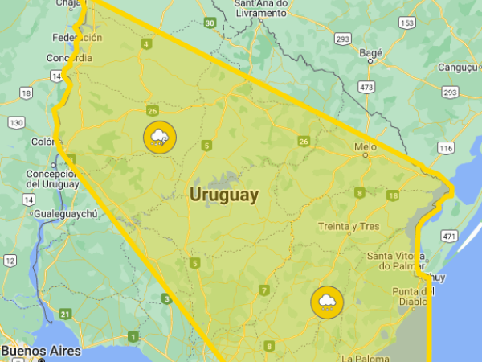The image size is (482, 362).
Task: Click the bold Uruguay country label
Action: [x=224, y=195]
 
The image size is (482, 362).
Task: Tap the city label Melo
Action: [x=366, y=146]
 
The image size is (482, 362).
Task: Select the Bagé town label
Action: [x=372, y=53]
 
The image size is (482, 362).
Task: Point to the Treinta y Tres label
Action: [x=348, y=227]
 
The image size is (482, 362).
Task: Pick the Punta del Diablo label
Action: [x=414, y=296]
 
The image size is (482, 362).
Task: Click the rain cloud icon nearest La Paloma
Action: [x=327, y=302]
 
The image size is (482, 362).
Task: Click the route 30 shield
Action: [x=210, y=23]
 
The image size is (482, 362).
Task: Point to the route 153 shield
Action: [x=406, y=23]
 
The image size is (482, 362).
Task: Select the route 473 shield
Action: [x=367, y=87]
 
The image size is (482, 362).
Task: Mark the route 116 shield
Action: [x=446, y=149]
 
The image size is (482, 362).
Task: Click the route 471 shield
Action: [x=450, y=237]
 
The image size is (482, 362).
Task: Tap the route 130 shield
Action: [x=15, y=123]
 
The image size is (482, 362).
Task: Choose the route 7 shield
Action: [x=264, y=290]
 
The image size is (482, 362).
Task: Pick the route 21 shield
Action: [x=65, y=314]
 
